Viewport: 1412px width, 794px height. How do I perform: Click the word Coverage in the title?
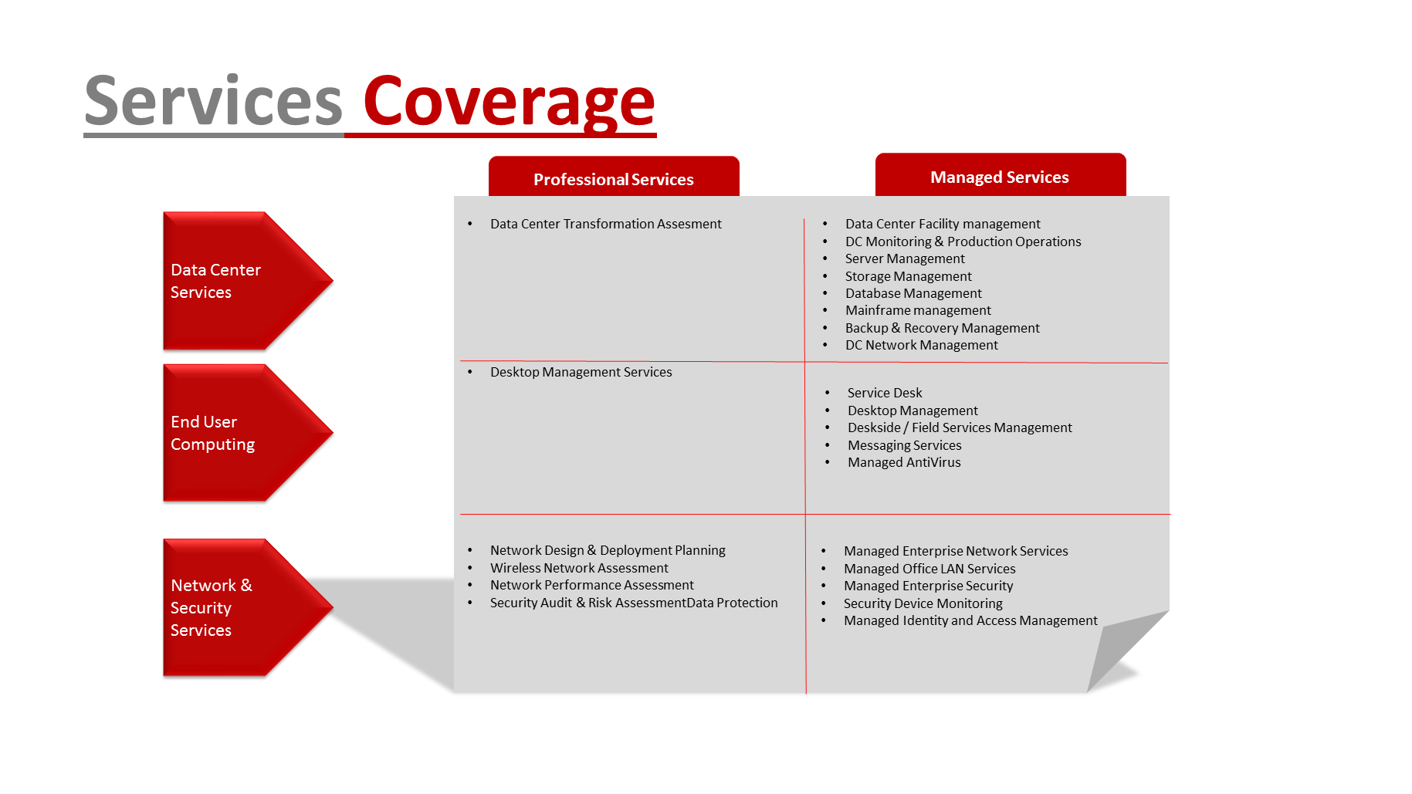pos(509,102)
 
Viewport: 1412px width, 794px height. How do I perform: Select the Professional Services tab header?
pos(614,177)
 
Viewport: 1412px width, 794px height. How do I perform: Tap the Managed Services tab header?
pos(1000,175)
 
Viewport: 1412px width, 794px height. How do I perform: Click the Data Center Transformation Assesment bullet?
pos(606,224)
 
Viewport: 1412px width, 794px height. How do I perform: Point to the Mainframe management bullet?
pos(918,310)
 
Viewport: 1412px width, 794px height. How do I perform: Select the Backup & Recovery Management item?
pos(943,328)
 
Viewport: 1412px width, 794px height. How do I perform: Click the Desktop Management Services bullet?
pos(581,372)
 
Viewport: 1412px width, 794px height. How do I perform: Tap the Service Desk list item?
pos(885,393)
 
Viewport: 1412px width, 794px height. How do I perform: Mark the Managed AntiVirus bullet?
pos(904,462)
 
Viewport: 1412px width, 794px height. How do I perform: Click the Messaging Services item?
pos(905,445)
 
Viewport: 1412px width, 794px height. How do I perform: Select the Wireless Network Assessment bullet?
pos(579,568)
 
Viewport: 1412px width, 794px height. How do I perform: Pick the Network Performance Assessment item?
pos(592,585)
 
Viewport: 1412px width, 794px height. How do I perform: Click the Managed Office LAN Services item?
pos(929,569)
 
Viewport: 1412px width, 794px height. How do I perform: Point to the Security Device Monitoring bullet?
pos(923,603)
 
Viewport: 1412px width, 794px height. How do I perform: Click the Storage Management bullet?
pos(909,276)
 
